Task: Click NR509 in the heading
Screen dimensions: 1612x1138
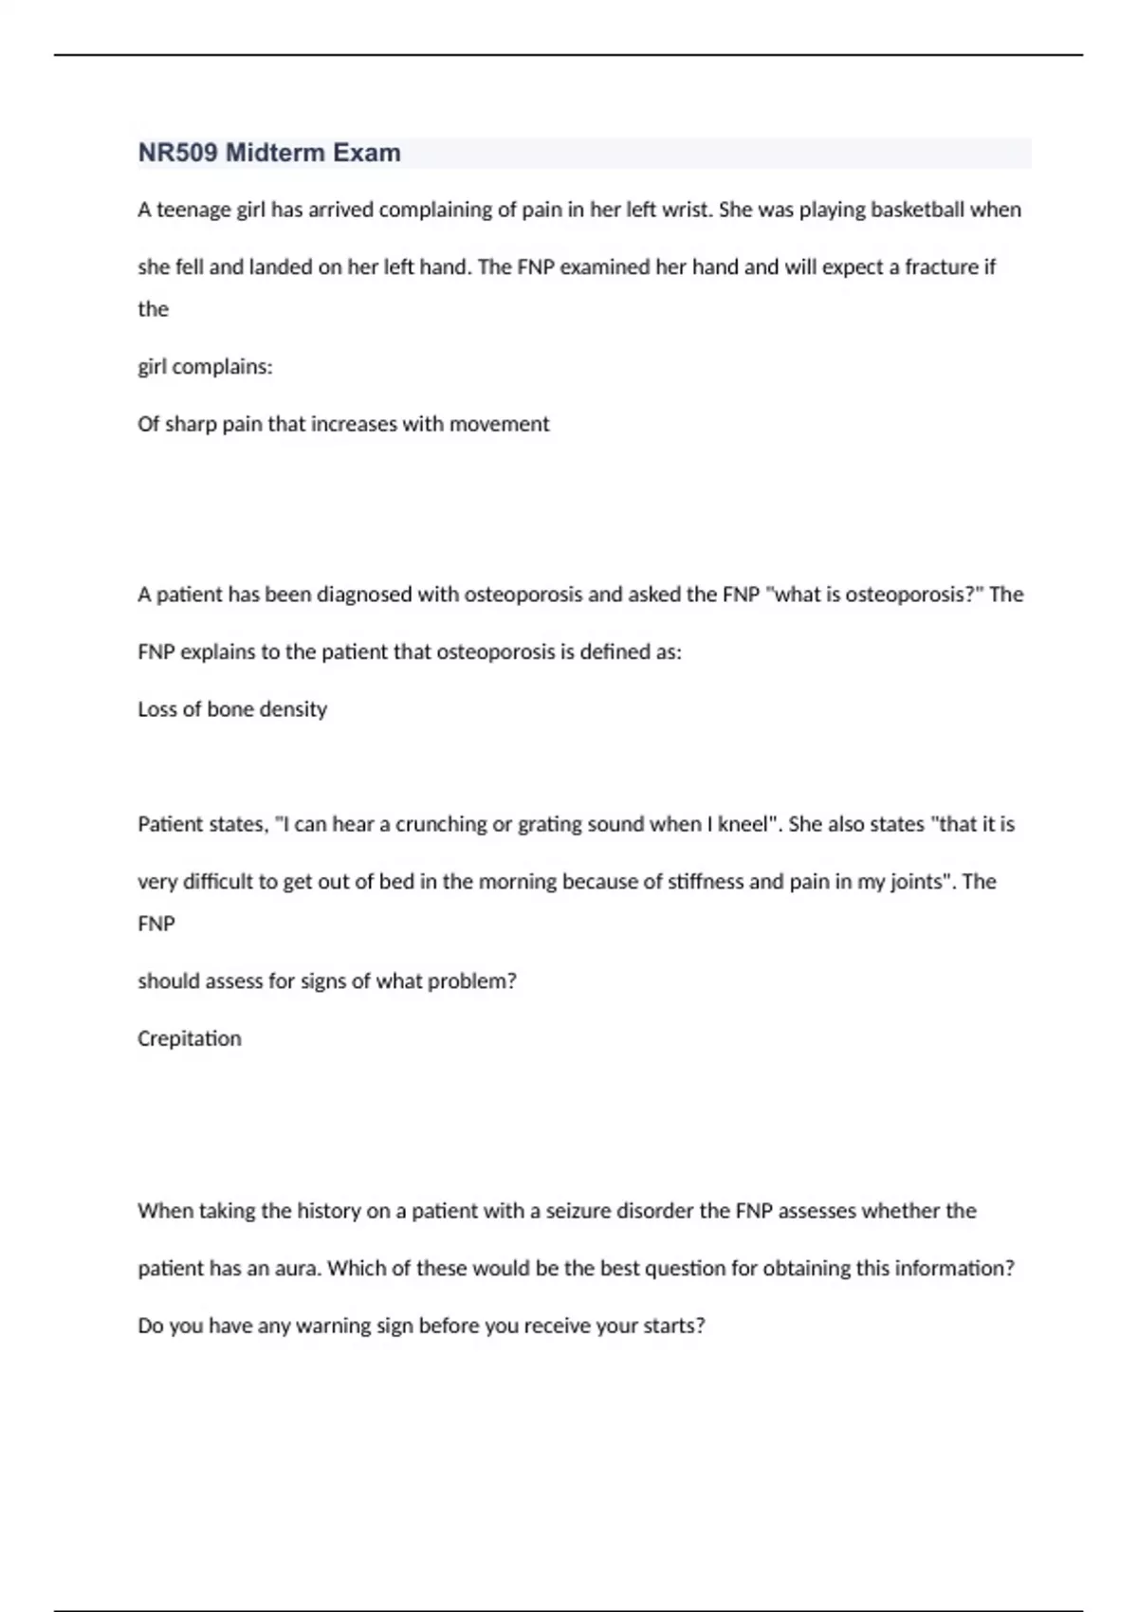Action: click(x=177, y=153)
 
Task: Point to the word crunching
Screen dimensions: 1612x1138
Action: click(x=440, y=824)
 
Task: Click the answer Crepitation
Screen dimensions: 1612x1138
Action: click(x=190, y=1038)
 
